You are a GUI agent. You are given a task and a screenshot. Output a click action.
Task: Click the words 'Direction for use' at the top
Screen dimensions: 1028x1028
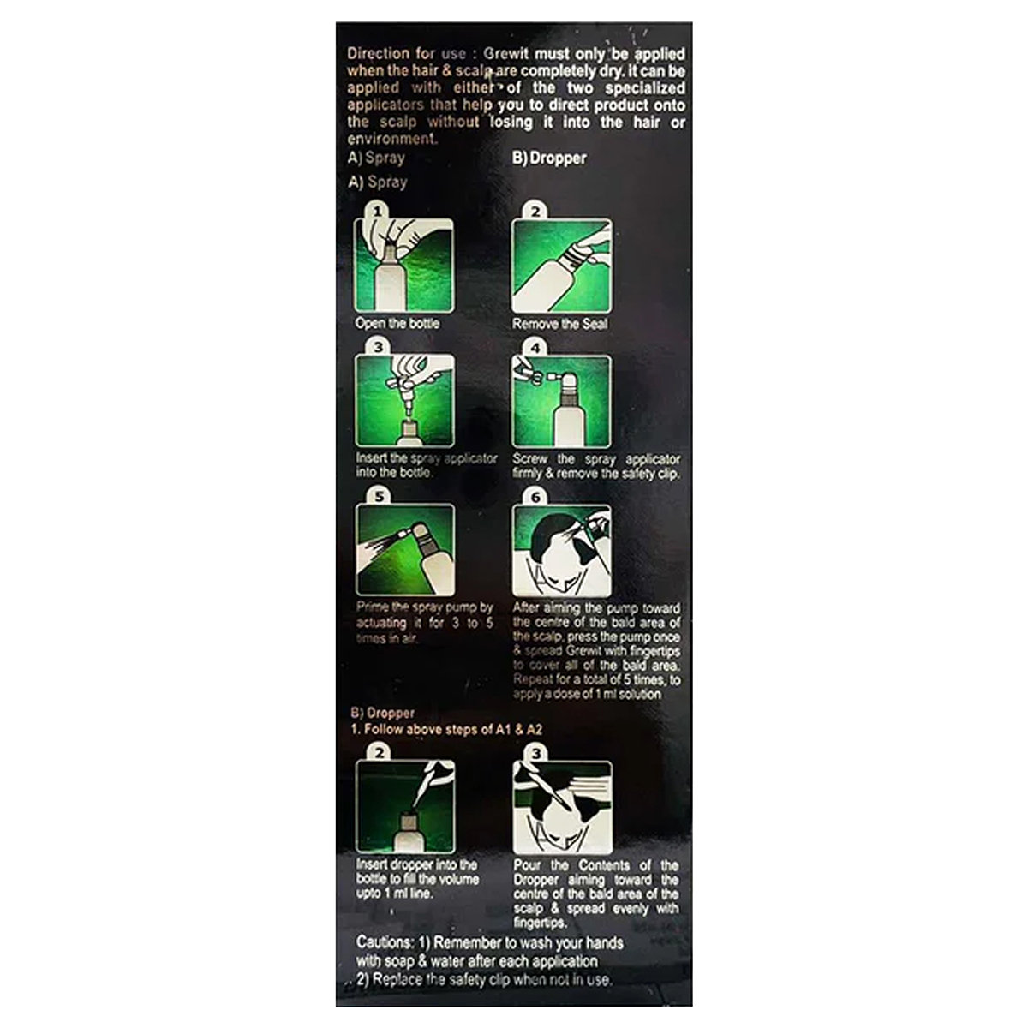click(397, 54)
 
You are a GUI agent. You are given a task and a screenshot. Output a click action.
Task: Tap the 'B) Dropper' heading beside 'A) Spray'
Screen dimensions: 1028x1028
click(549, 158)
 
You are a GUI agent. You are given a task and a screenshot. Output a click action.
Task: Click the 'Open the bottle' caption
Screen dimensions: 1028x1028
click(397, 324)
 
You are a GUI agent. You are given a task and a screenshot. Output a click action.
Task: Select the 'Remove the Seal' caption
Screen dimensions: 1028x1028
click(559, 324)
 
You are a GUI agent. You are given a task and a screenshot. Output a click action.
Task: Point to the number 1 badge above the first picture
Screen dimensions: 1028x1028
click(374, 211)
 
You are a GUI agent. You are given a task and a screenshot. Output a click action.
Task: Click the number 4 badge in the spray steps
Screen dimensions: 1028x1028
click(535, 349)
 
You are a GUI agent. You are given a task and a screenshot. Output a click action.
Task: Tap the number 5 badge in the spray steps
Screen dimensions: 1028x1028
click(375, 496)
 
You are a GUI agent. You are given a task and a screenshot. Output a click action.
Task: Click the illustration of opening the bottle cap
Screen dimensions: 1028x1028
click(403, 266)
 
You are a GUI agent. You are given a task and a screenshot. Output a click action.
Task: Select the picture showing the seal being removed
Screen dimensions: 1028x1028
click(561, 266)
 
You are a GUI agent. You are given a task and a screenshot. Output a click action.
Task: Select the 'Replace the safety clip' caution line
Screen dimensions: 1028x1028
click(484, 979)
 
